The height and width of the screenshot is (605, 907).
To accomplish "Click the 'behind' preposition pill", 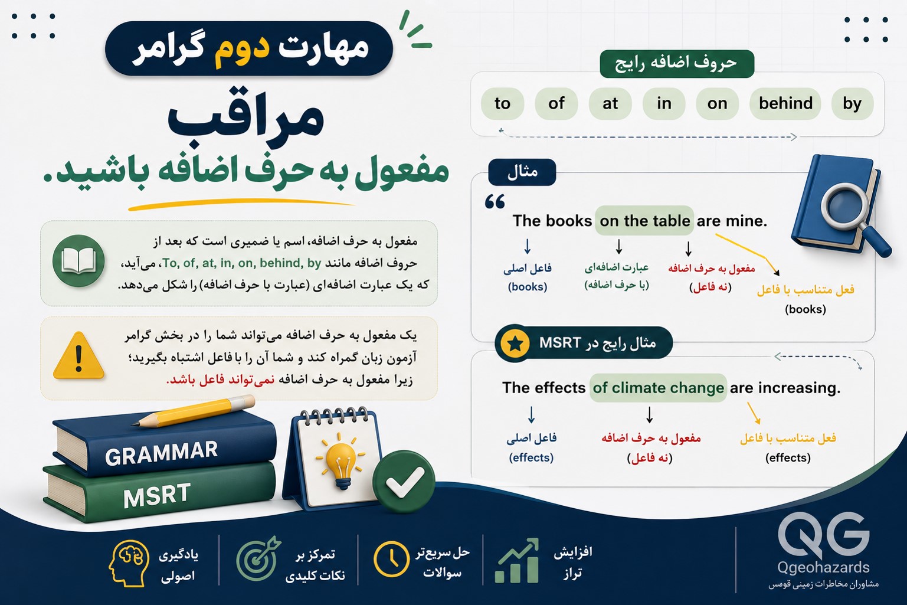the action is (x=785, y=104).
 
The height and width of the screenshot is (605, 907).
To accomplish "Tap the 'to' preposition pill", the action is (x=503, y=104).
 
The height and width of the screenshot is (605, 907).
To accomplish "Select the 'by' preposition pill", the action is (x=852, y=104).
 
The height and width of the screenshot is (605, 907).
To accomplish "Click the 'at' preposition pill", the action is (x=610, y=104).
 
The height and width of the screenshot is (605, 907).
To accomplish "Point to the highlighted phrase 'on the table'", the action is (x=644, y=221).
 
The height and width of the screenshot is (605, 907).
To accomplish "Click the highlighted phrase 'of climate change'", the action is (x=658, y=388).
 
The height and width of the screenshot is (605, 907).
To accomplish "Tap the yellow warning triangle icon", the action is (x=78, y=355).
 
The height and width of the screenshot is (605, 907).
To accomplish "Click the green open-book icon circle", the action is (x=78, y=261).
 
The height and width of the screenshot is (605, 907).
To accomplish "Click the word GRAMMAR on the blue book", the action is (x=161, y=453).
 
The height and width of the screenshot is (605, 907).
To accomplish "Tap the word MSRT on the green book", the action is (x=157, y=496).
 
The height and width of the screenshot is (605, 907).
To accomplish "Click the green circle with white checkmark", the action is (x=404, y=482).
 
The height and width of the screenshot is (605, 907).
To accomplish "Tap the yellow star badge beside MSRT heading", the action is (x=515, y=344).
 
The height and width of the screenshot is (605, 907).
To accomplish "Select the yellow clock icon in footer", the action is (x=391, y=559).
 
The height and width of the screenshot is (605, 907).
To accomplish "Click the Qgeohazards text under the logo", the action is (x=823, y=567).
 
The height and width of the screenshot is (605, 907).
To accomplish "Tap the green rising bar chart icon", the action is (x=517, y=561).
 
